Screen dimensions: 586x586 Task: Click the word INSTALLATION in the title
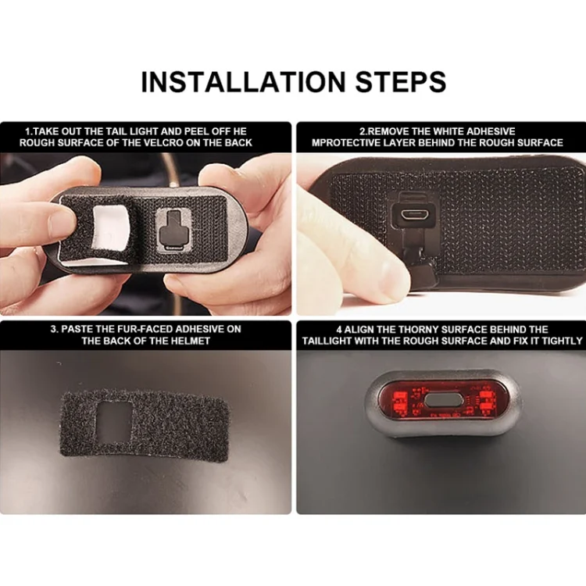pyautogui.click(x=243, y=81)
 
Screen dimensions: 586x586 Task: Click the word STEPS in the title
pyautogui.click(x=400, y=81)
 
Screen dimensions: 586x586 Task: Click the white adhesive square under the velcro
pyautogui.click(x=111, y=228)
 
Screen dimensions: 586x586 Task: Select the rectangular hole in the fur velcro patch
pyautogui.click(x=114, y=421)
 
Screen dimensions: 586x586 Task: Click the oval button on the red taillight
pyautogui.click(x=444, y=401)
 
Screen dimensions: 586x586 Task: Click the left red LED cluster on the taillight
pyautogui.click(x=398, y=401)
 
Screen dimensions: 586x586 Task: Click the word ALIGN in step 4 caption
pyautogui.click(x=359, y=330)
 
